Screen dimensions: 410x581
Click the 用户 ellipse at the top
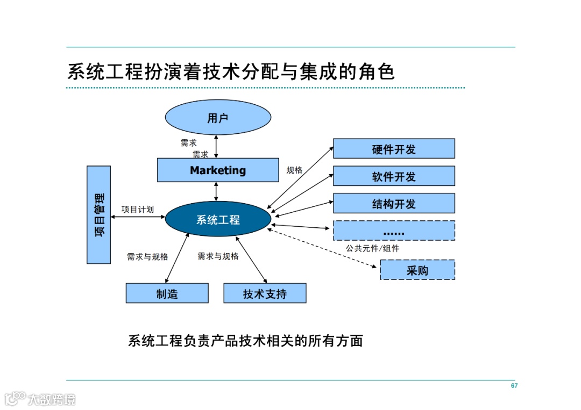click(217, 118)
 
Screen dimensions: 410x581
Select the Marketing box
click(217, 170)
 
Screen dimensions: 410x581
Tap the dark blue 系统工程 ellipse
click(217, 219)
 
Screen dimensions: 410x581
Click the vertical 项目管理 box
click(98, 214)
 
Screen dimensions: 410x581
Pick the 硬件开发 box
click(394, 149)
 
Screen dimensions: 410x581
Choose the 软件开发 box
click(394, 176)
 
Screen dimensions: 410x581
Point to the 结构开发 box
click(394, 204)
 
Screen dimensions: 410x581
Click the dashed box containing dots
click(394, 231)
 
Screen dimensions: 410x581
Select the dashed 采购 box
click(417, 270)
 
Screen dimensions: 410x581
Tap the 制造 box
click(167, 293)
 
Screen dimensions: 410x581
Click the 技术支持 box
click(265, 293)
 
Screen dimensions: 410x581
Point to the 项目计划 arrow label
click(137, 209)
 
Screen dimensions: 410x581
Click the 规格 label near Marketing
click(294, 170)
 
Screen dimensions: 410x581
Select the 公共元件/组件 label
click(372, 248)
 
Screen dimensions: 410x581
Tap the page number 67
click(514, 386)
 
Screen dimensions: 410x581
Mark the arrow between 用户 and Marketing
click(216, 145)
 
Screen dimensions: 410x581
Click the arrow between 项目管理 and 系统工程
click(137, 217)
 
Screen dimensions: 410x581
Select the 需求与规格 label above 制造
click(147, 257)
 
